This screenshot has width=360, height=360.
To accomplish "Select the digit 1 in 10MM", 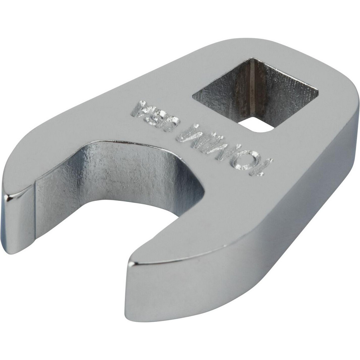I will (x=265, y=167).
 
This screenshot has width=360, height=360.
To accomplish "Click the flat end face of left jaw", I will (x=16, y=223).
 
